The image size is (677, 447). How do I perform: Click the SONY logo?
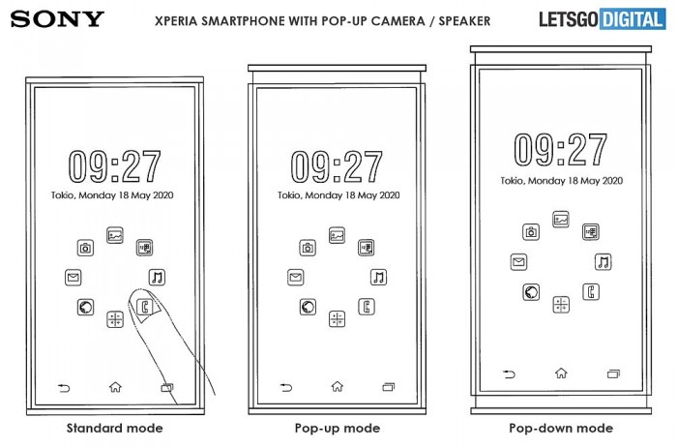(x=57, y=19)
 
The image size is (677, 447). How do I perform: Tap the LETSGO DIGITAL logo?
(x=603, y=19)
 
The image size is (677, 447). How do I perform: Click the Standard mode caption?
(x=115, y=428)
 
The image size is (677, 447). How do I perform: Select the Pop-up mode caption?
(x=338, y=428)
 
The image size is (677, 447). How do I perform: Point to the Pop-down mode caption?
(x=561, y=428)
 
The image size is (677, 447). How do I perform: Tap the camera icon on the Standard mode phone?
(x=85, y=248)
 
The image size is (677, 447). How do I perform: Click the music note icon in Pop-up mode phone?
(x=379, y=278)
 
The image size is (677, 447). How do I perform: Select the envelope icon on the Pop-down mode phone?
(x=518, y=262)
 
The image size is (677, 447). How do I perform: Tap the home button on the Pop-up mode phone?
(x=338, y=387)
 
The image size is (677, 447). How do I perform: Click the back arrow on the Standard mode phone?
(x=64, y=388)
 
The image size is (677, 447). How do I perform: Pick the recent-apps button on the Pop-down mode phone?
(x=613, y=373)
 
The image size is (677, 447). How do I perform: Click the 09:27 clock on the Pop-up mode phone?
(x=337, y=166)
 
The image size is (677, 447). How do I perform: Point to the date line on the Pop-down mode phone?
(x=561, y=181)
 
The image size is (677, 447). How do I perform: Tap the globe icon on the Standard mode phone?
(x=85, y=308)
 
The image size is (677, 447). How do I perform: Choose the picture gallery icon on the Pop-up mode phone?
(x=337, y=235)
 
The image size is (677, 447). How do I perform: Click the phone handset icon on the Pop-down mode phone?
(x=591, y=292)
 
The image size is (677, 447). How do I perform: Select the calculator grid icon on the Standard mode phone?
(x=115, y=319)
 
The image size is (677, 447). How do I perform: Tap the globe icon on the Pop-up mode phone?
(x=308, y=307)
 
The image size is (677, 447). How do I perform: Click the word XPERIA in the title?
(x=176, y=20)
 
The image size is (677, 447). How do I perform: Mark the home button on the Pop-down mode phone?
(x=561, y=372)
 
